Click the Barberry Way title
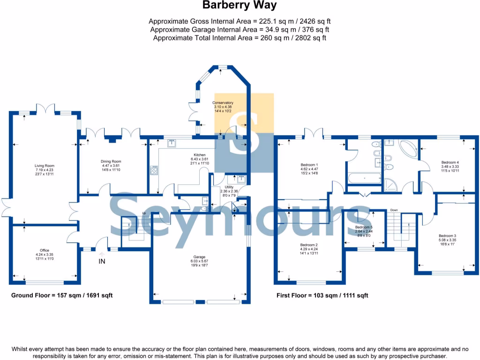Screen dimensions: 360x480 tap(240, 6)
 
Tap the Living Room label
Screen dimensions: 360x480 tap(45, 165)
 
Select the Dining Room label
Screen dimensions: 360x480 tap(111, 161)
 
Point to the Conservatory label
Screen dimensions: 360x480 tap(223, 103)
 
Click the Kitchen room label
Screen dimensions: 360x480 tap(200, 155)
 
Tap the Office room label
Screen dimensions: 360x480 tap(45, 250)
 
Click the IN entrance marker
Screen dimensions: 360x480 tap(102, 262)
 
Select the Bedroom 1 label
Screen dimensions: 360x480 tap(309, 165)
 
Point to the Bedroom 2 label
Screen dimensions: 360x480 tap(309, 245)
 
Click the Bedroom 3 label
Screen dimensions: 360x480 tap(447, 236)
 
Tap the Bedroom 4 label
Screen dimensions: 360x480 tap(450, 162)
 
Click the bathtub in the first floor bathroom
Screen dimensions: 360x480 tap(365, 178)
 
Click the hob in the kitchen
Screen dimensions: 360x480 tap(154, 170)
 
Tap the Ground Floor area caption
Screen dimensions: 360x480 tap(62, 295)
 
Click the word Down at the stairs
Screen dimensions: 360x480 tap(394, 210)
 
